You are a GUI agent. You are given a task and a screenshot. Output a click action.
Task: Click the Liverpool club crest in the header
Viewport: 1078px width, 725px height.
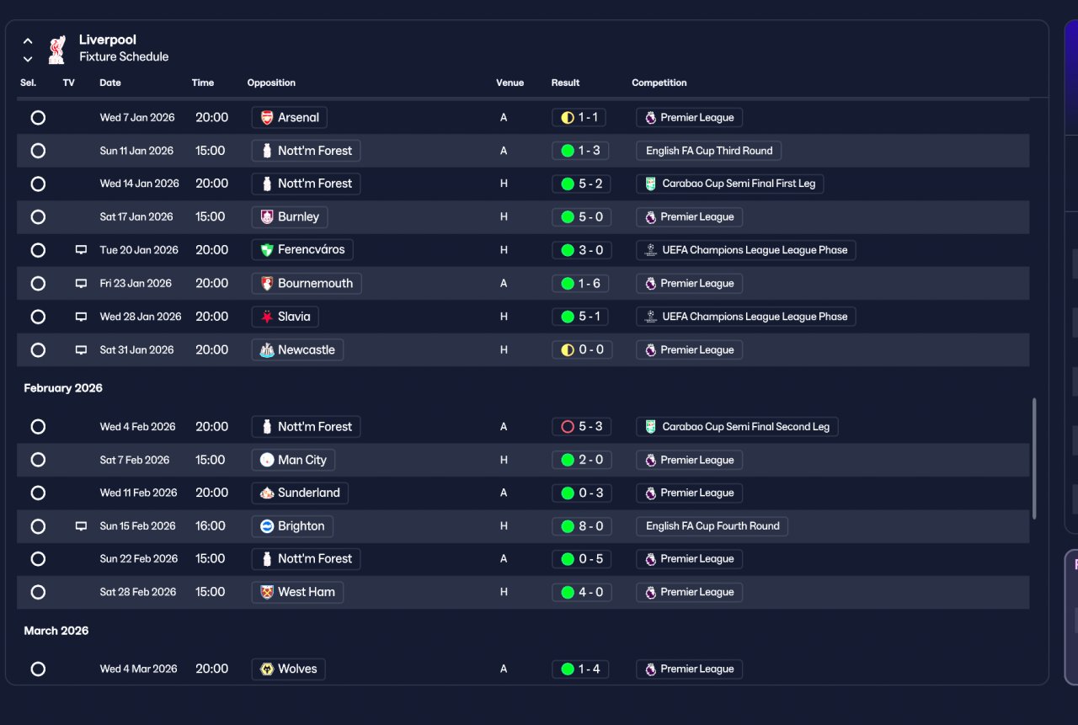point(57,49)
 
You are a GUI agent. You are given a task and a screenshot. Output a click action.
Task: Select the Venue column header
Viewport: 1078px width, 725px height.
point(510,83)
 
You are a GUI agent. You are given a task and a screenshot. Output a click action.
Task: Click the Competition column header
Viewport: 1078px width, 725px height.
point(659,83)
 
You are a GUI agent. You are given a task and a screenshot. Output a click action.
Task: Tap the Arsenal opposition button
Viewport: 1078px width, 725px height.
point(289,117)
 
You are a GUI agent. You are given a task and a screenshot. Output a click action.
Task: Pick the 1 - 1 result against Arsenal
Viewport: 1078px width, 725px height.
point(579,117)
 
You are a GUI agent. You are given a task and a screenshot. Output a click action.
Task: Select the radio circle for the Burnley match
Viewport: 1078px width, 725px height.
point(38,217)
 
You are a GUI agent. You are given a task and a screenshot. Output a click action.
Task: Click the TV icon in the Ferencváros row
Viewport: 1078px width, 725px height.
point(81,250)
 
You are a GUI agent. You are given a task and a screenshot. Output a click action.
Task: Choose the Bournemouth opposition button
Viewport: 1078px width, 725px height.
point(307,284)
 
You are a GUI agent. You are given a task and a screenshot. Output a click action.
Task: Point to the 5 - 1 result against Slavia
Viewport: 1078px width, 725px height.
point(581,317)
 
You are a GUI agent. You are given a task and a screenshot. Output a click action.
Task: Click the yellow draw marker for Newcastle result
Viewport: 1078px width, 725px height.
point(568,349)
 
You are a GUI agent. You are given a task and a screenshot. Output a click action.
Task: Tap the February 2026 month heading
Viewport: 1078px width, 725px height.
point(63,387)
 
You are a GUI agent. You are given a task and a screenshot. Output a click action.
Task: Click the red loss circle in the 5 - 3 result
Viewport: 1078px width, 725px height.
point(568,427)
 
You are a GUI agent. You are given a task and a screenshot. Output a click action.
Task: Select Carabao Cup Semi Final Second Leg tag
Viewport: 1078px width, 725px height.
point(737,427)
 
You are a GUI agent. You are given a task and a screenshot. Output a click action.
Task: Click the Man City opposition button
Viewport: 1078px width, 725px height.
point(293,460)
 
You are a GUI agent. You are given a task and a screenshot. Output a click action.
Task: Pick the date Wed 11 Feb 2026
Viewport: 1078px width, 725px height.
point(139,493)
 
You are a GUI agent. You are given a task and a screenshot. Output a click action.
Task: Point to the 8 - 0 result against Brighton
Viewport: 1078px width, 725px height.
point(581,526)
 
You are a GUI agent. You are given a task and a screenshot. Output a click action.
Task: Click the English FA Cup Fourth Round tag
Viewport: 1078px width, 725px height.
point(712,526)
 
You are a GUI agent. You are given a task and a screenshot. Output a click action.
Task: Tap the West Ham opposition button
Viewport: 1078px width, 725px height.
point(297,592)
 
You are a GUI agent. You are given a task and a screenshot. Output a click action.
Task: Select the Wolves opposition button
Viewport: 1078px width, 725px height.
point(288,669)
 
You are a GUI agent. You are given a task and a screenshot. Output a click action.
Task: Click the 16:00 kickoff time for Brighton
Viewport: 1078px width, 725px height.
point(211,525)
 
